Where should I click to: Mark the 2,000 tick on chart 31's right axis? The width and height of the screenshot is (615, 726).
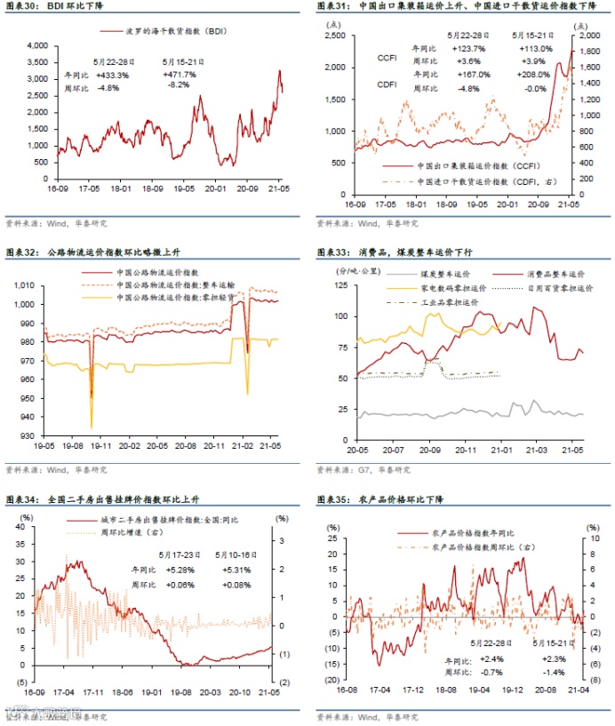[x=592, y=36]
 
